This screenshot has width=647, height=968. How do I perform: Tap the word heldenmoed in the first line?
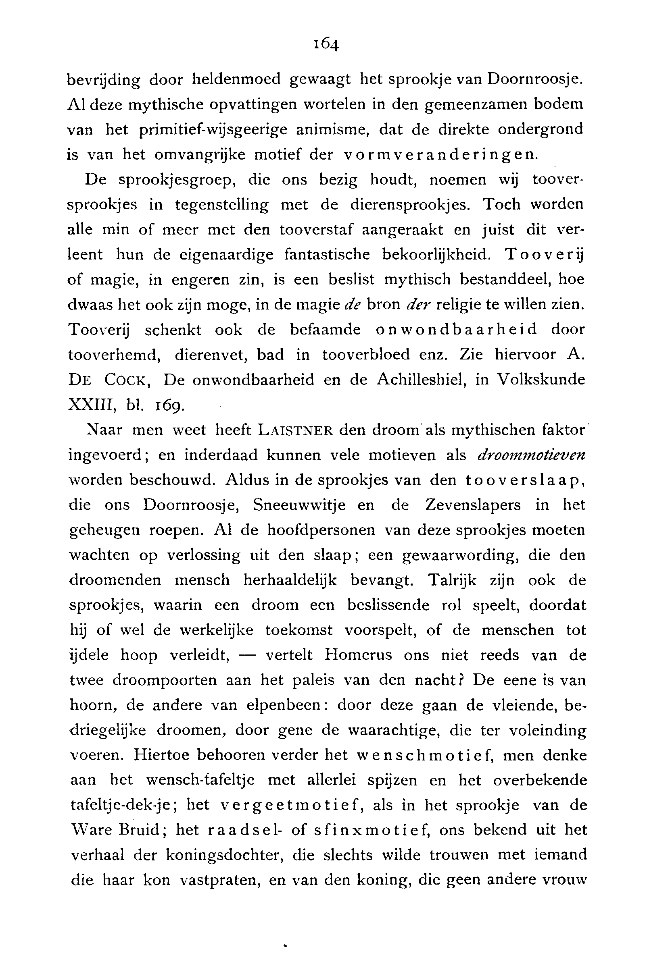point(236,79)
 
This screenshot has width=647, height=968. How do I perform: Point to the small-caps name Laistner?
point(295,430)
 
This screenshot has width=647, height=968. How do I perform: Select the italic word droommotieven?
point(531,455)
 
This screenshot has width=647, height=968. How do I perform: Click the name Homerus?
point(358,655)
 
